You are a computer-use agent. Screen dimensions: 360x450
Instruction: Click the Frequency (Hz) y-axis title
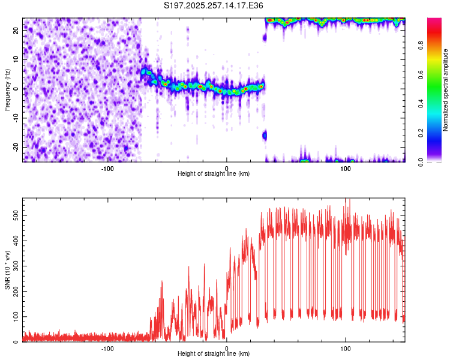coord(7,90)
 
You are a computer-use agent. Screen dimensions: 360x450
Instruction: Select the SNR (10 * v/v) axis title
coord(7,270)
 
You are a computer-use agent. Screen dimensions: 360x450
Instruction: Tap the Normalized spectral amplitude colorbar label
coord(446,90)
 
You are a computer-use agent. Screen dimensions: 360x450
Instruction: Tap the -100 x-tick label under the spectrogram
coord(107,169)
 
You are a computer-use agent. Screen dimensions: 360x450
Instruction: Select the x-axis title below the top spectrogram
coord(214,174)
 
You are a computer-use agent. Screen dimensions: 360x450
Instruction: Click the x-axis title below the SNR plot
coord(214,354)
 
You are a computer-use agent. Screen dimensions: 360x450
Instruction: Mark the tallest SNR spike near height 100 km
coord(346,200)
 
